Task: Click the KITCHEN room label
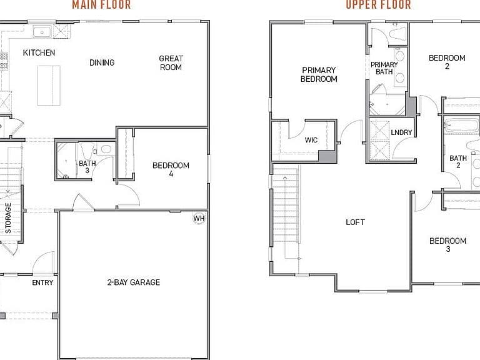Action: pos(39,52)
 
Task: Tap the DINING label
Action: pos(102,62)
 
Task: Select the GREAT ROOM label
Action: pos(171,62)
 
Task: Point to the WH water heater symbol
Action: pos(199,218)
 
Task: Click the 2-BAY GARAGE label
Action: pos(134,282)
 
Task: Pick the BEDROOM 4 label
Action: pos(171,169)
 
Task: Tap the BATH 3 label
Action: pos(87,167)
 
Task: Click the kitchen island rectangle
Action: pos(49,86)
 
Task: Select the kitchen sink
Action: pos(42,32)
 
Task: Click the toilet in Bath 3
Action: pos(87,151)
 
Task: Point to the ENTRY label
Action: pos(42,282)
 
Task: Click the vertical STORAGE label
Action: pos(8,218)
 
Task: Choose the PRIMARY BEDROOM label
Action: pos(319,74)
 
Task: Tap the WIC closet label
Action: pos(311,140)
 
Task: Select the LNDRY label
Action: pos(401,132)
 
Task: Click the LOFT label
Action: pos(355,222)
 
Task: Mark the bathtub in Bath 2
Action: pos(462,126)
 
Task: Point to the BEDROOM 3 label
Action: pos(448,244)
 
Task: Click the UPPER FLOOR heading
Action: pos(378,4)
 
